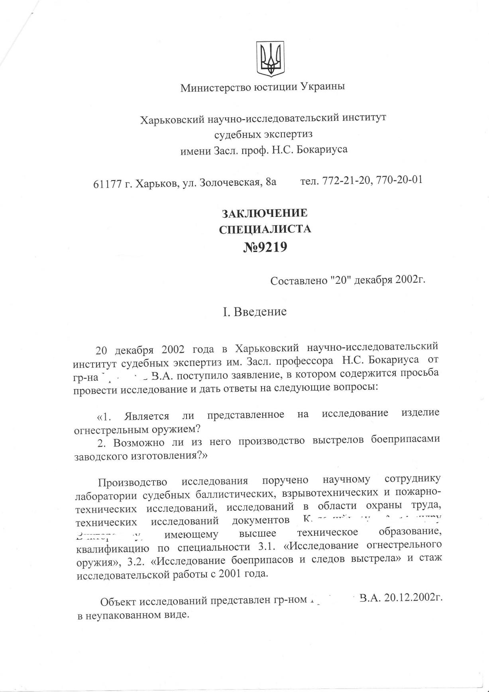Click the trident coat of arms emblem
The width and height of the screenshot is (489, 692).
click(x=270, y=59)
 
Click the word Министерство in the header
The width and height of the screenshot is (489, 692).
click(x=216, y=87)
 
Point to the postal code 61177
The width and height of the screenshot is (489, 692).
click(x=107, y=184)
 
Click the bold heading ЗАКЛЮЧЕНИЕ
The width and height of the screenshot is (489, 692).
click(x=265, y=213)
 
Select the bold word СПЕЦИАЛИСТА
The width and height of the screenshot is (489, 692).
click(x=265, y=229)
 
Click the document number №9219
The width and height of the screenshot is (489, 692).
click(x=265, y=248)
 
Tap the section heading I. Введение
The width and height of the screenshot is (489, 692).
click(x=255, y=311)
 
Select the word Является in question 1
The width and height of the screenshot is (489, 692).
click(x=146, y=416)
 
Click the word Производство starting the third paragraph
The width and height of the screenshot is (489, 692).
click(x=133, y=482)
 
